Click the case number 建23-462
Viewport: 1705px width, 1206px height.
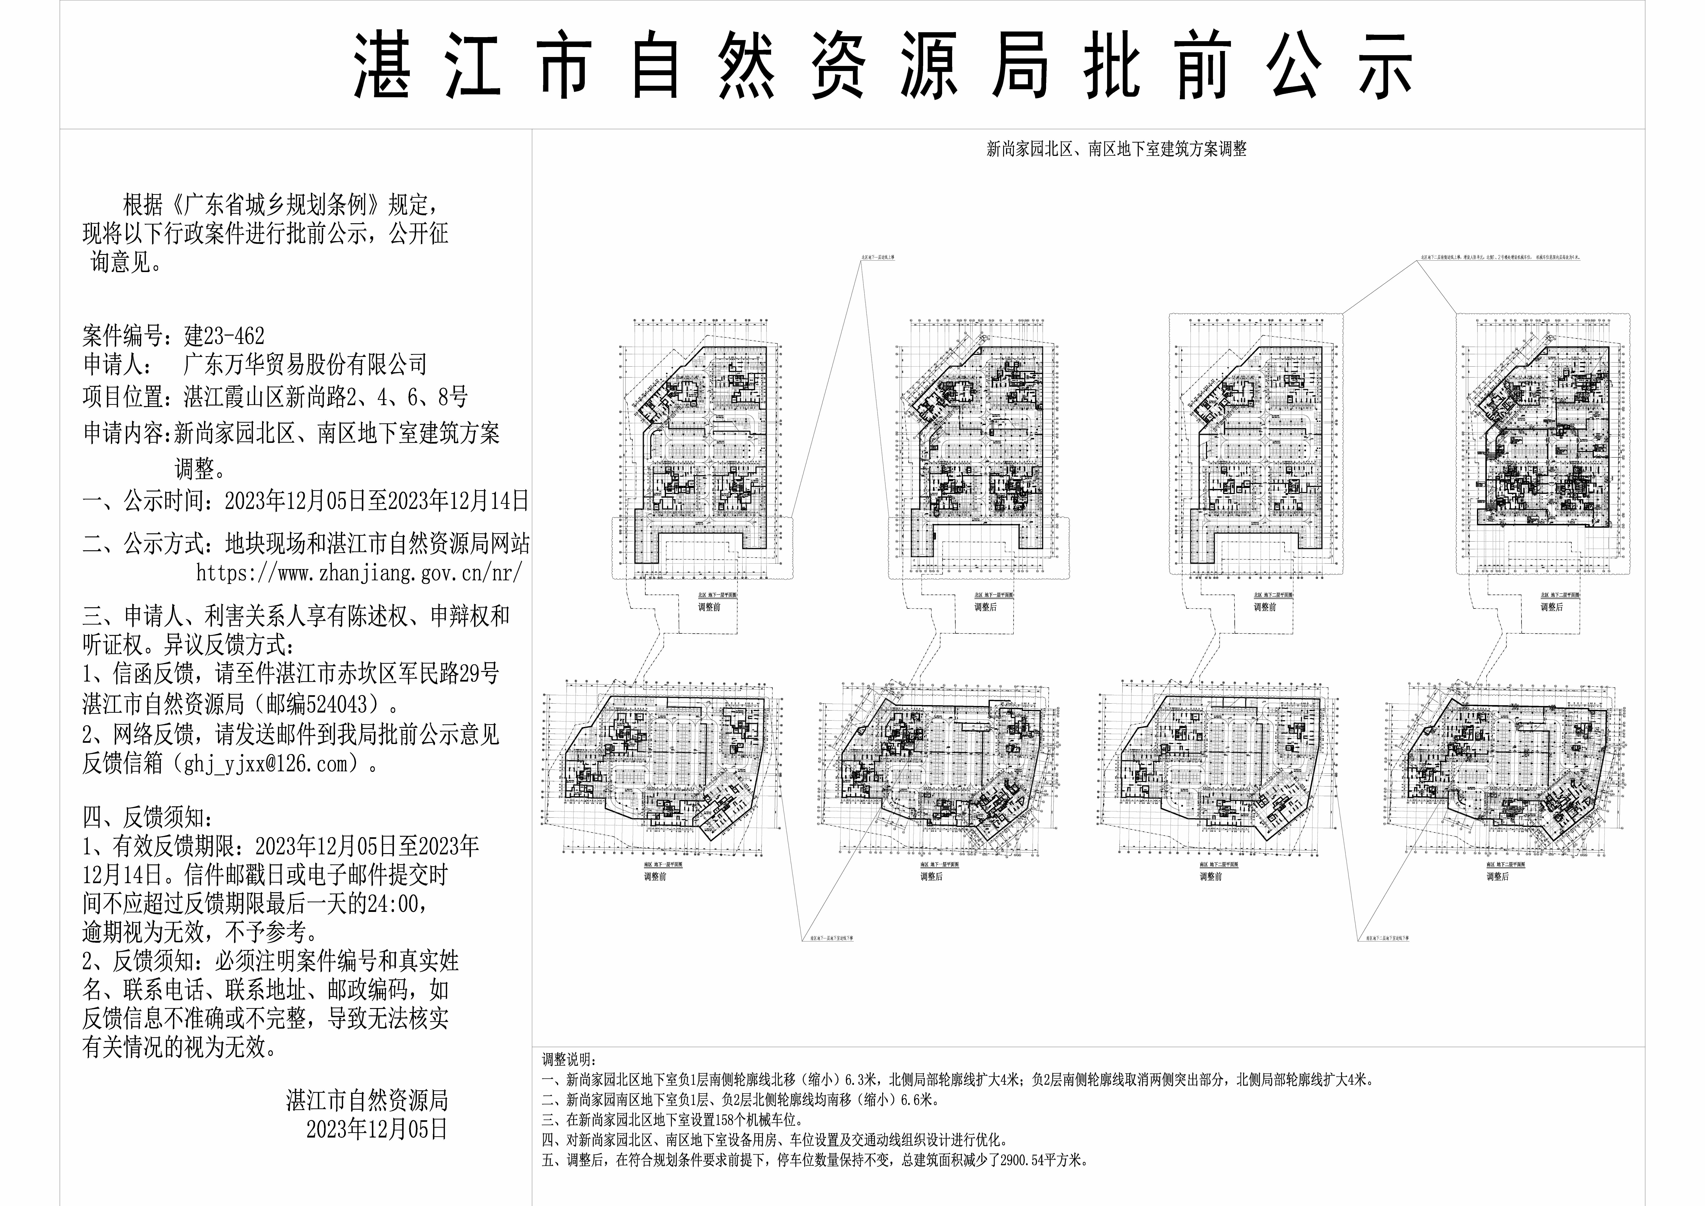pyautogui.click(x=224, y=336)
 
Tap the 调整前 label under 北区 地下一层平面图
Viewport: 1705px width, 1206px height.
pyautogui.click(x=709, y=607)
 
